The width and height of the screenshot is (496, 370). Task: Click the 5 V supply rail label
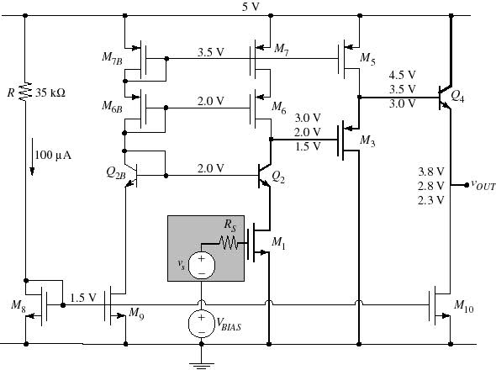click(x=251, y=7)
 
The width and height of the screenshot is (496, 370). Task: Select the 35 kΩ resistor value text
click(x=50, y=92)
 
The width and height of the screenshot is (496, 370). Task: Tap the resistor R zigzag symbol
click(x=25, y=92)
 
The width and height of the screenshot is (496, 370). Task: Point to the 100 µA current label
click(x=53, y=155)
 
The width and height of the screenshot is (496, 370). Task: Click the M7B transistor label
click(x=112, y=58)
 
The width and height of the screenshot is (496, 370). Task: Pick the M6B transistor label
click(x=112, y=106)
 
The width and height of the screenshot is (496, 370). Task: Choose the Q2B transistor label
click(x=116, y=173)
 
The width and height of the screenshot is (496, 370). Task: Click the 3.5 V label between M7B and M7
click(x=210, y=52)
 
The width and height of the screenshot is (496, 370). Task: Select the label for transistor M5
click(x=368, y=59)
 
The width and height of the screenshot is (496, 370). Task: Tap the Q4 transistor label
click(x=457, y=96)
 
